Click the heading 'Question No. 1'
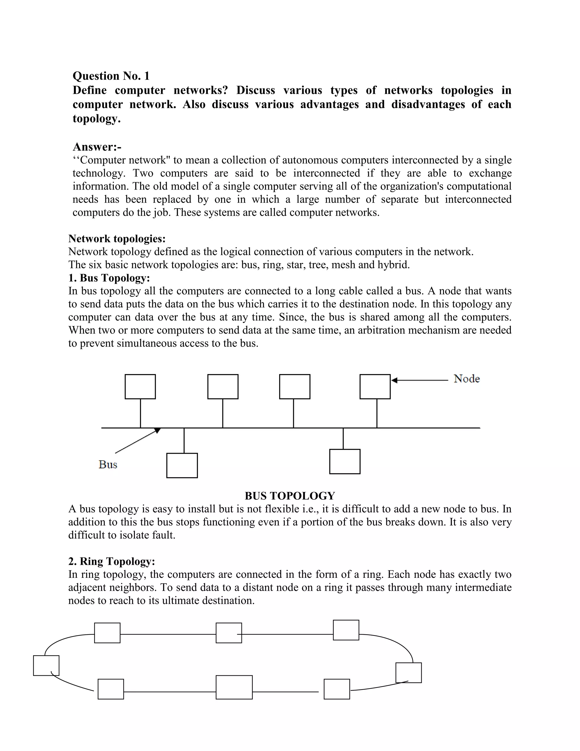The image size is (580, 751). point(111,76)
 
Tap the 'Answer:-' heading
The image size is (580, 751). point(97,147)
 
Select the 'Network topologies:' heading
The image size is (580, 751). point(117,238)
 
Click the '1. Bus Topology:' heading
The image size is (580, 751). point(109,277)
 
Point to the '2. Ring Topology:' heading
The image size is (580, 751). point(111,561)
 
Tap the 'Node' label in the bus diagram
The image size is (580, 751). point(466,379)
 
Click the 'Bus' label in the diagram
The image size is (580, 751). point(108,464)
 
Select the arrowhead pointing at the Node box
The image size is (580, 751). point(395,380)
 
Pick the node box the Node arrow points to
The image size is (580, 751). point(375,387)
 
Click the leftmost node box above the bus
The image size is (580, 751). point(140,387)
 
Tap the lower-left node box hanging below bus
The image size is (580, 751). point(182,465)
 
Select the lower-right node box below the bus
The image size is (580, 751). point(345,461)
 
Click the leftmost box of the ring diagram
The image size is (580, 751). point(46,665)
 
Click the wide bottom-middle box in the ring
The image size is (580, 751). point(234,687)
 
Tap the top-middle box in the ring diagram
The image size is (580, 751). point(229,633)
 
